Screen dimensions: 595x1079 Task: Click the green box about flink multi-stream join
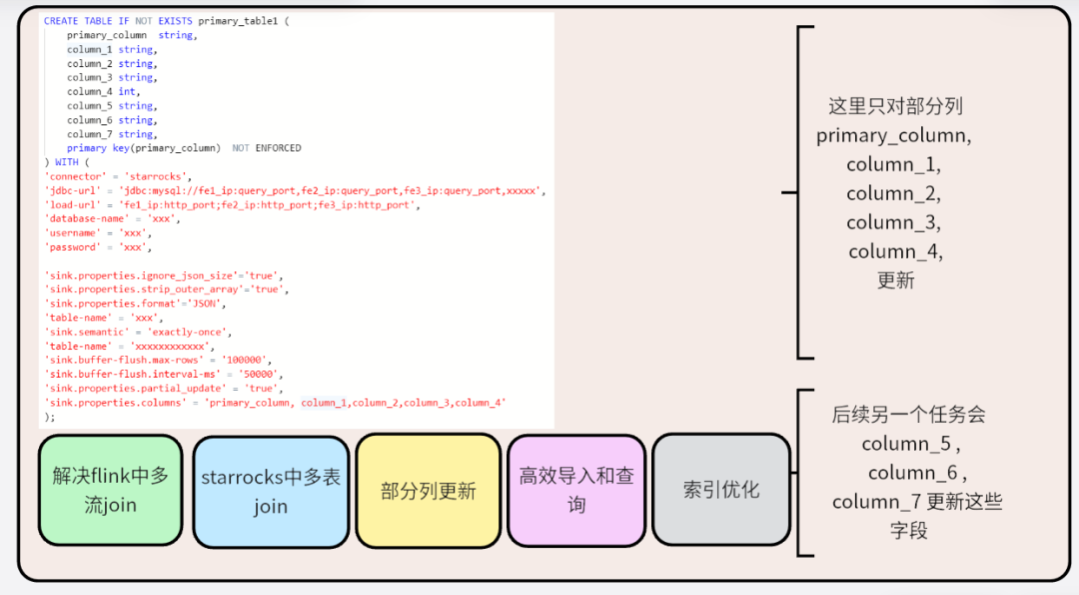coord(110,490)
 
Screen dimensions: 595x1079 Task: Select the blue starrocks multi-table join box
coord(271,491)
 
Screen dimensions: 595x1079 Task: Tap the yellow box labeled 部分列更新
coord(428,491)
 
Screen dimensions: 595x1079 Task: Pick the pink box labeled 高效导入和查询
coord(576,490)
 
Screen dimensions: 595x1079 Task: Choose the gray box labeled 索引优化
coord(721,490)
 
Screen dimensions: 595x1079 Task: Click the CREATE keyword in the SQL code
coord(60,21)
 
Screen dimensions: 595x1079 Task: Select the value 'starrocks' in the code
coord(159,176)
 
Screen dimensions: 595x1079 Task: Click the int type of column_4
coord(127,91)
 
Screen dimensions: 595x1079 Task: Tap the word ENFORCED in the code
coord(278,148)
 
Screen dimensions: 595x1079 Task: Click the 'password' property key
coord(73,247)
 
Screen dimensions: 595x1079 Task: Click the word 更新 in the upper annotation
coord(895,280)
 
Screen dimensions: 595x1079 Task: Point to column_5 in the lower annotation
coord(896,443)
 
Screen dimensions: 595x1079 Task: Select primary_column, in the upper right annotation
coord(893,136)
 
